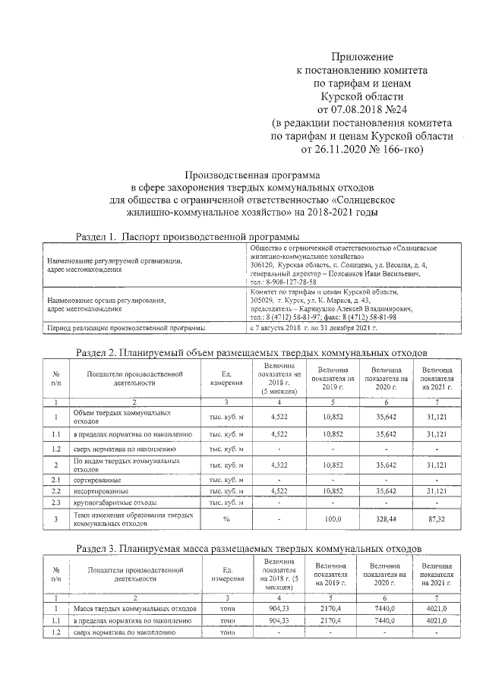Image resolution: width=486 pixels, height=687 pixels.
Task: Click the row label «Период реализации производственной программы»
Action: click(125, 328)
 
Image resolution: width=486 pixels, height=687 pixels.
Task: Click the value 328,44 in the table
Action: click(387, 519)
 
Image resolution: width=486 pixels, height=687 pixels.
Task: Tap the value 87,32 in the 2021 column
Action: click(437, 519)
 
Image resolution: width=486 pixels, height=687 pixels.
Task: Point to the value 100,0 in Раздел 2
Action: click(334, 519)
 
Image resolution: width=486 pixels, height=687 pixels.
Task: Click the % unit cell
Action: click(226, 519)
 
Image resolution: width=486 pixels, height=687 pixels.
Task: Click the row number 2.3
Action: click(55, 503)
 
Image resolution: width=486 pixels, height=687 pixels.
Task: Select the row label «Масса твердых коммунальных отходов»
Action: click(135, 608)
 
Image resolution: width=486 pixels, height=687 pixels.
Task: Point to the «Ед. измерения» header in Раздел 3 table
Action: click(226, 575)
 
